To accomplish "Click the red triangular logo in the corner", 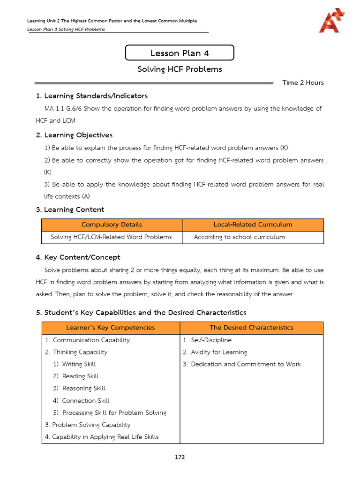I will click(x=332, y=22).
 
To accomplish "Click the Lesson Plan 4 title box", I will click(x=180, y=53).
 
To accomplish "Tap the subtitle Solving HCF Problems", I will click(x=180, y=69).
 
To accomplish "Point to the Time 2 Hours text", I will click(x=303, y=82).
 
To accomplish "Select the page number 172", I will click(x=180, y=457).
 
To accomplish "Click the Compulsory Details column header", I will click(x=112, y=225).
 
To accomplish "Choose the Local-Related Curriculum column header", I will click(x=253, y=225).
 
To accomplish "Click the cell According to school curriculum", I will click(x=240, y=237).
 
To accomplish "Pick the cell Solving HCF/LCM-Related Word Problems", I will click(x=111, y=237).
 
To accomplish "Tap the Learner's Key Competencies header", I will click(x=111, y=328).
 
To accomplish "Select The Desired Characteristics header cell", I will click(x=251, y=328).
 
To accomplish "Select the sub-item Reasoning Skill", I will click(x=83, y=389).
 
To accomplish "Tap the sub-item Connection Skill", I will click(x=85, y=401).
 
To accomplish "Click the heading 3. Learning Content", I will click(x=70, y=210).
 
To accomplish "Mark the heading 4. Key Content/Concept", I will click(x=78, y=257).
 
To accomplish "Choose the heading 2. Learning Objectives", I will click(x=75, y=135).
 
